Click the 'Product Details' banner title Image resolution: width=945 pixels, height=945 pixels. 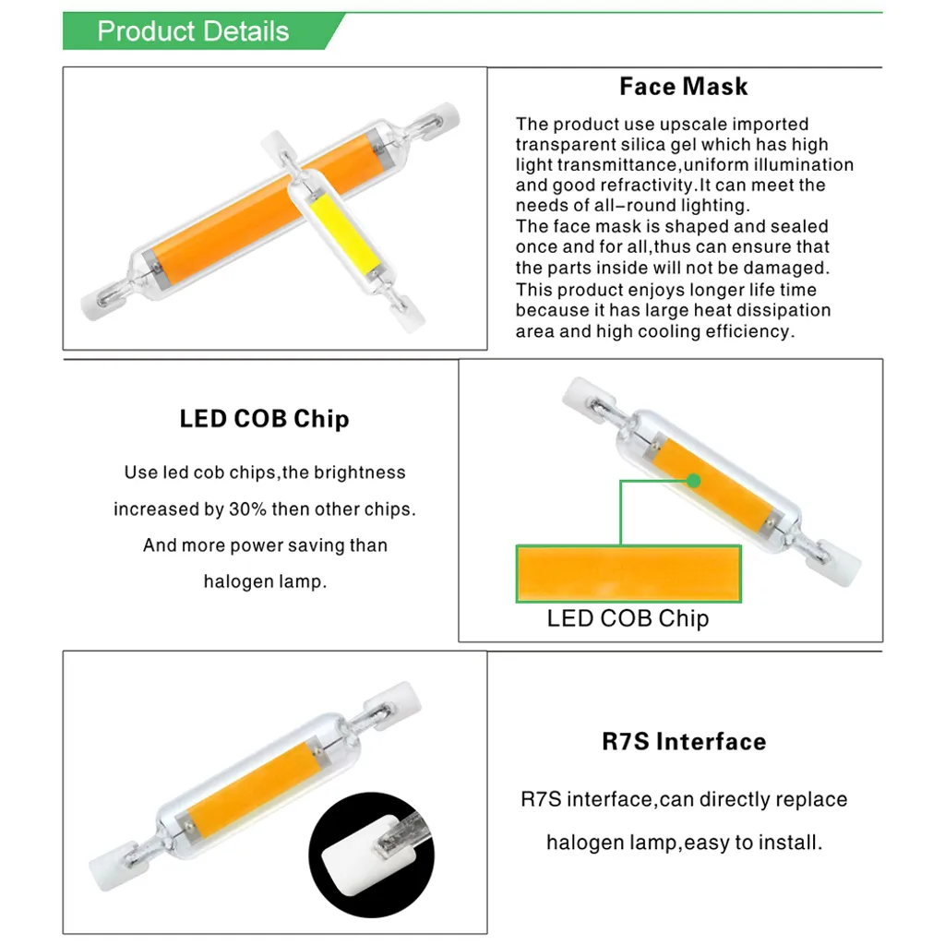193,31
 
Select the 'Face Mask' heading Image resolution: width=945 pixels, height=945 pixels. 683,87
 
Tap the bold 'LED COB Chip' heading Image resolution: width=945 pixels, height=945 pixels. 264,419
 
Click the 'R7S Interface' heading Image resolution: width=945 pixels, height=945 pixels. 684,742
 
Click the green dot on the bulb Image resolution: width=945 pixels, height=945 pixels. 694,481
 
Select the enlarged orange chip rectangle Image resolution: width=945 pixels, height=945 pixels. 628,573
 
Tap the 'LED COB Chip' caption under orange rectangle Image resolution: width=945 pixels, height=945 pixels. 628,618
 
